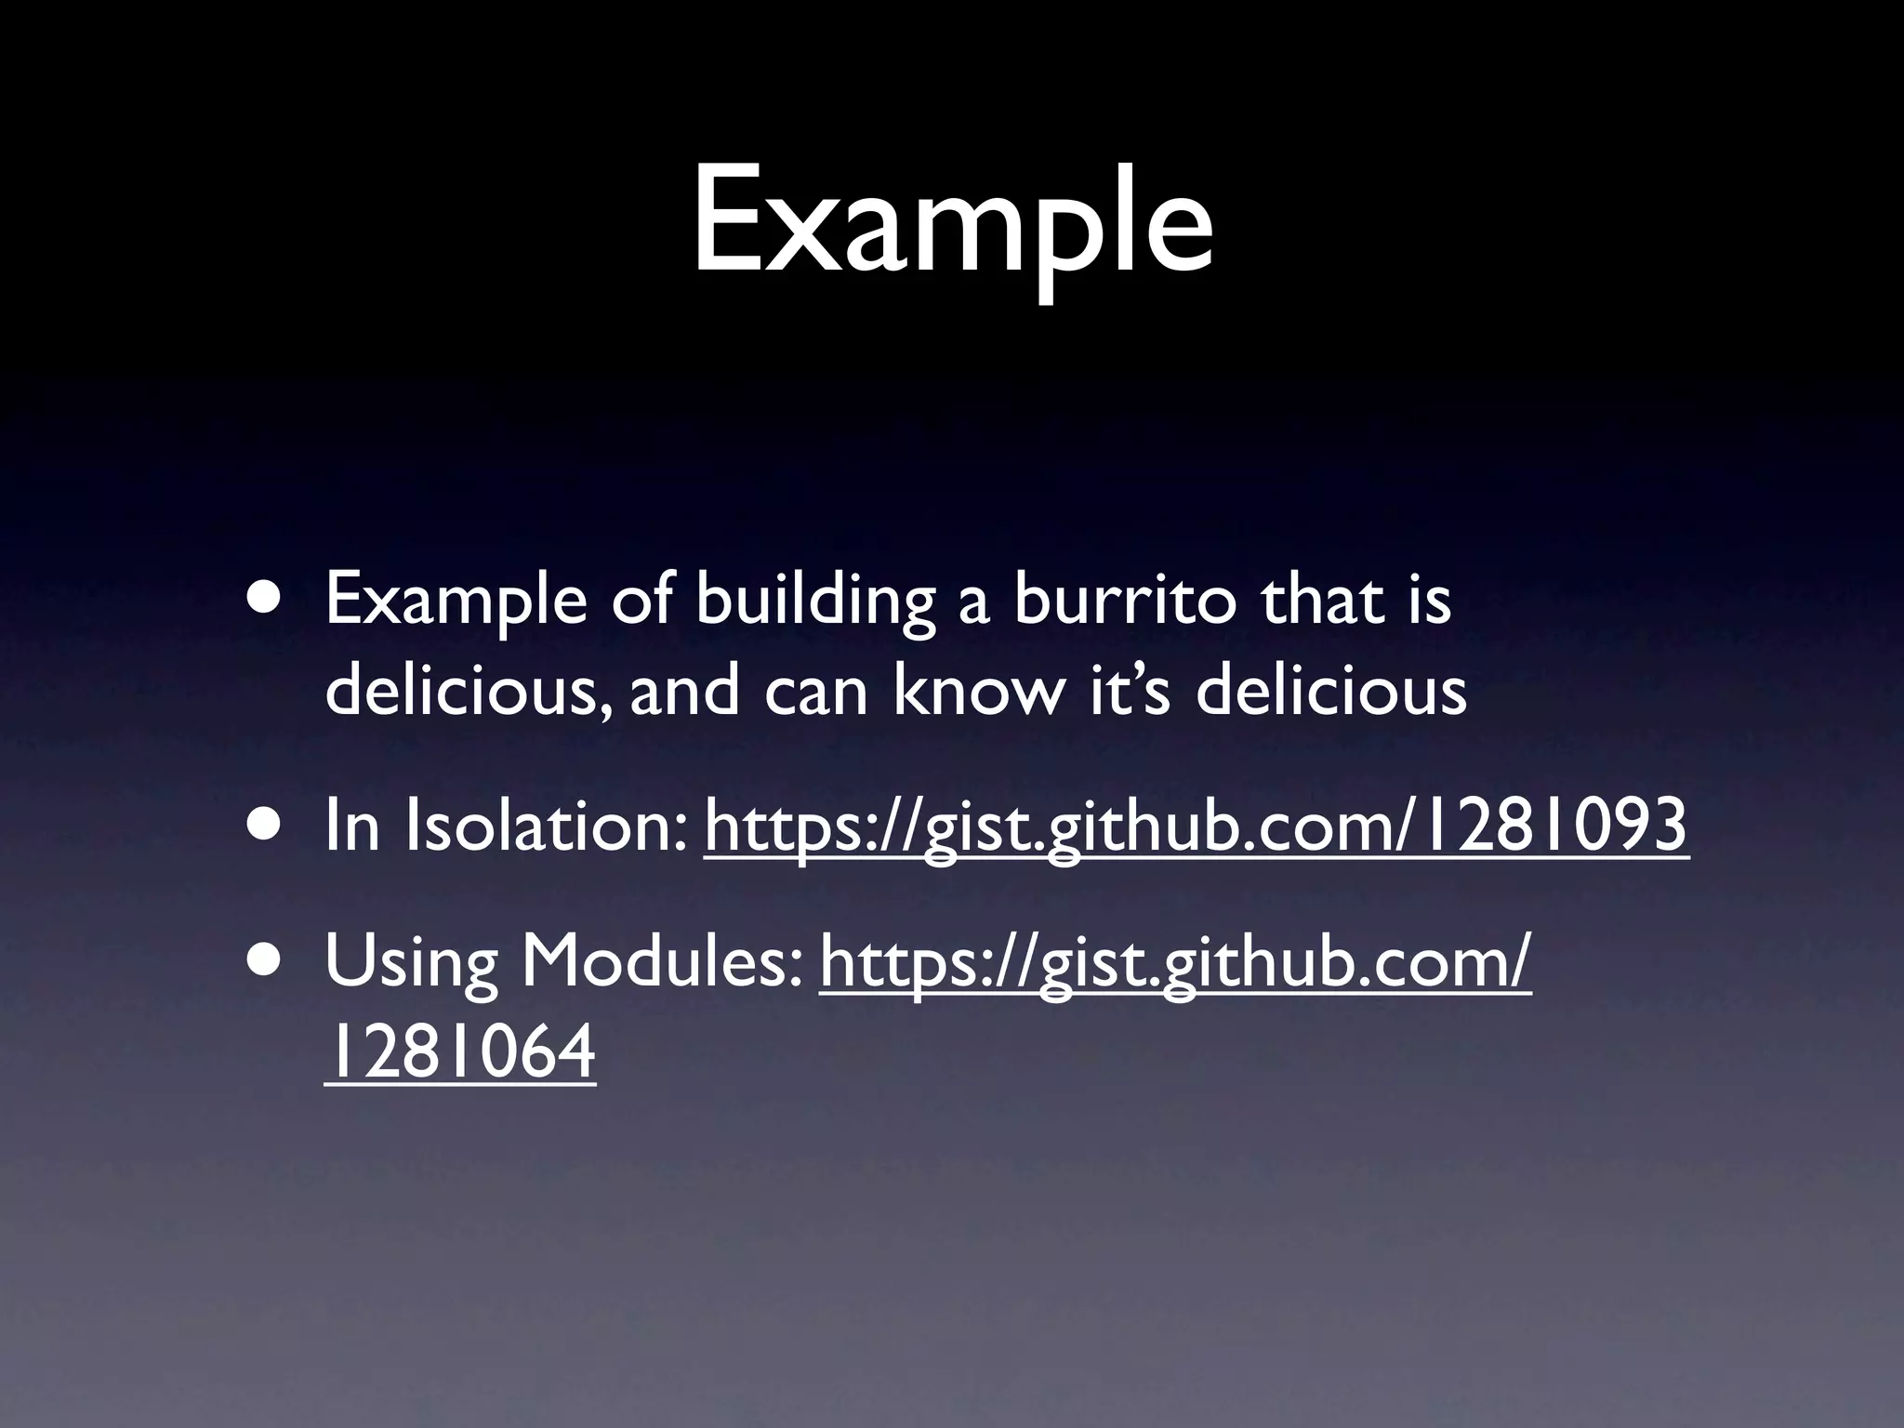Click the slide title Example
952,223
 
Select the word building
814,602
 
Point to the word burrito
1125,601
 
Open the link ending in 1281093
1196,826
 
